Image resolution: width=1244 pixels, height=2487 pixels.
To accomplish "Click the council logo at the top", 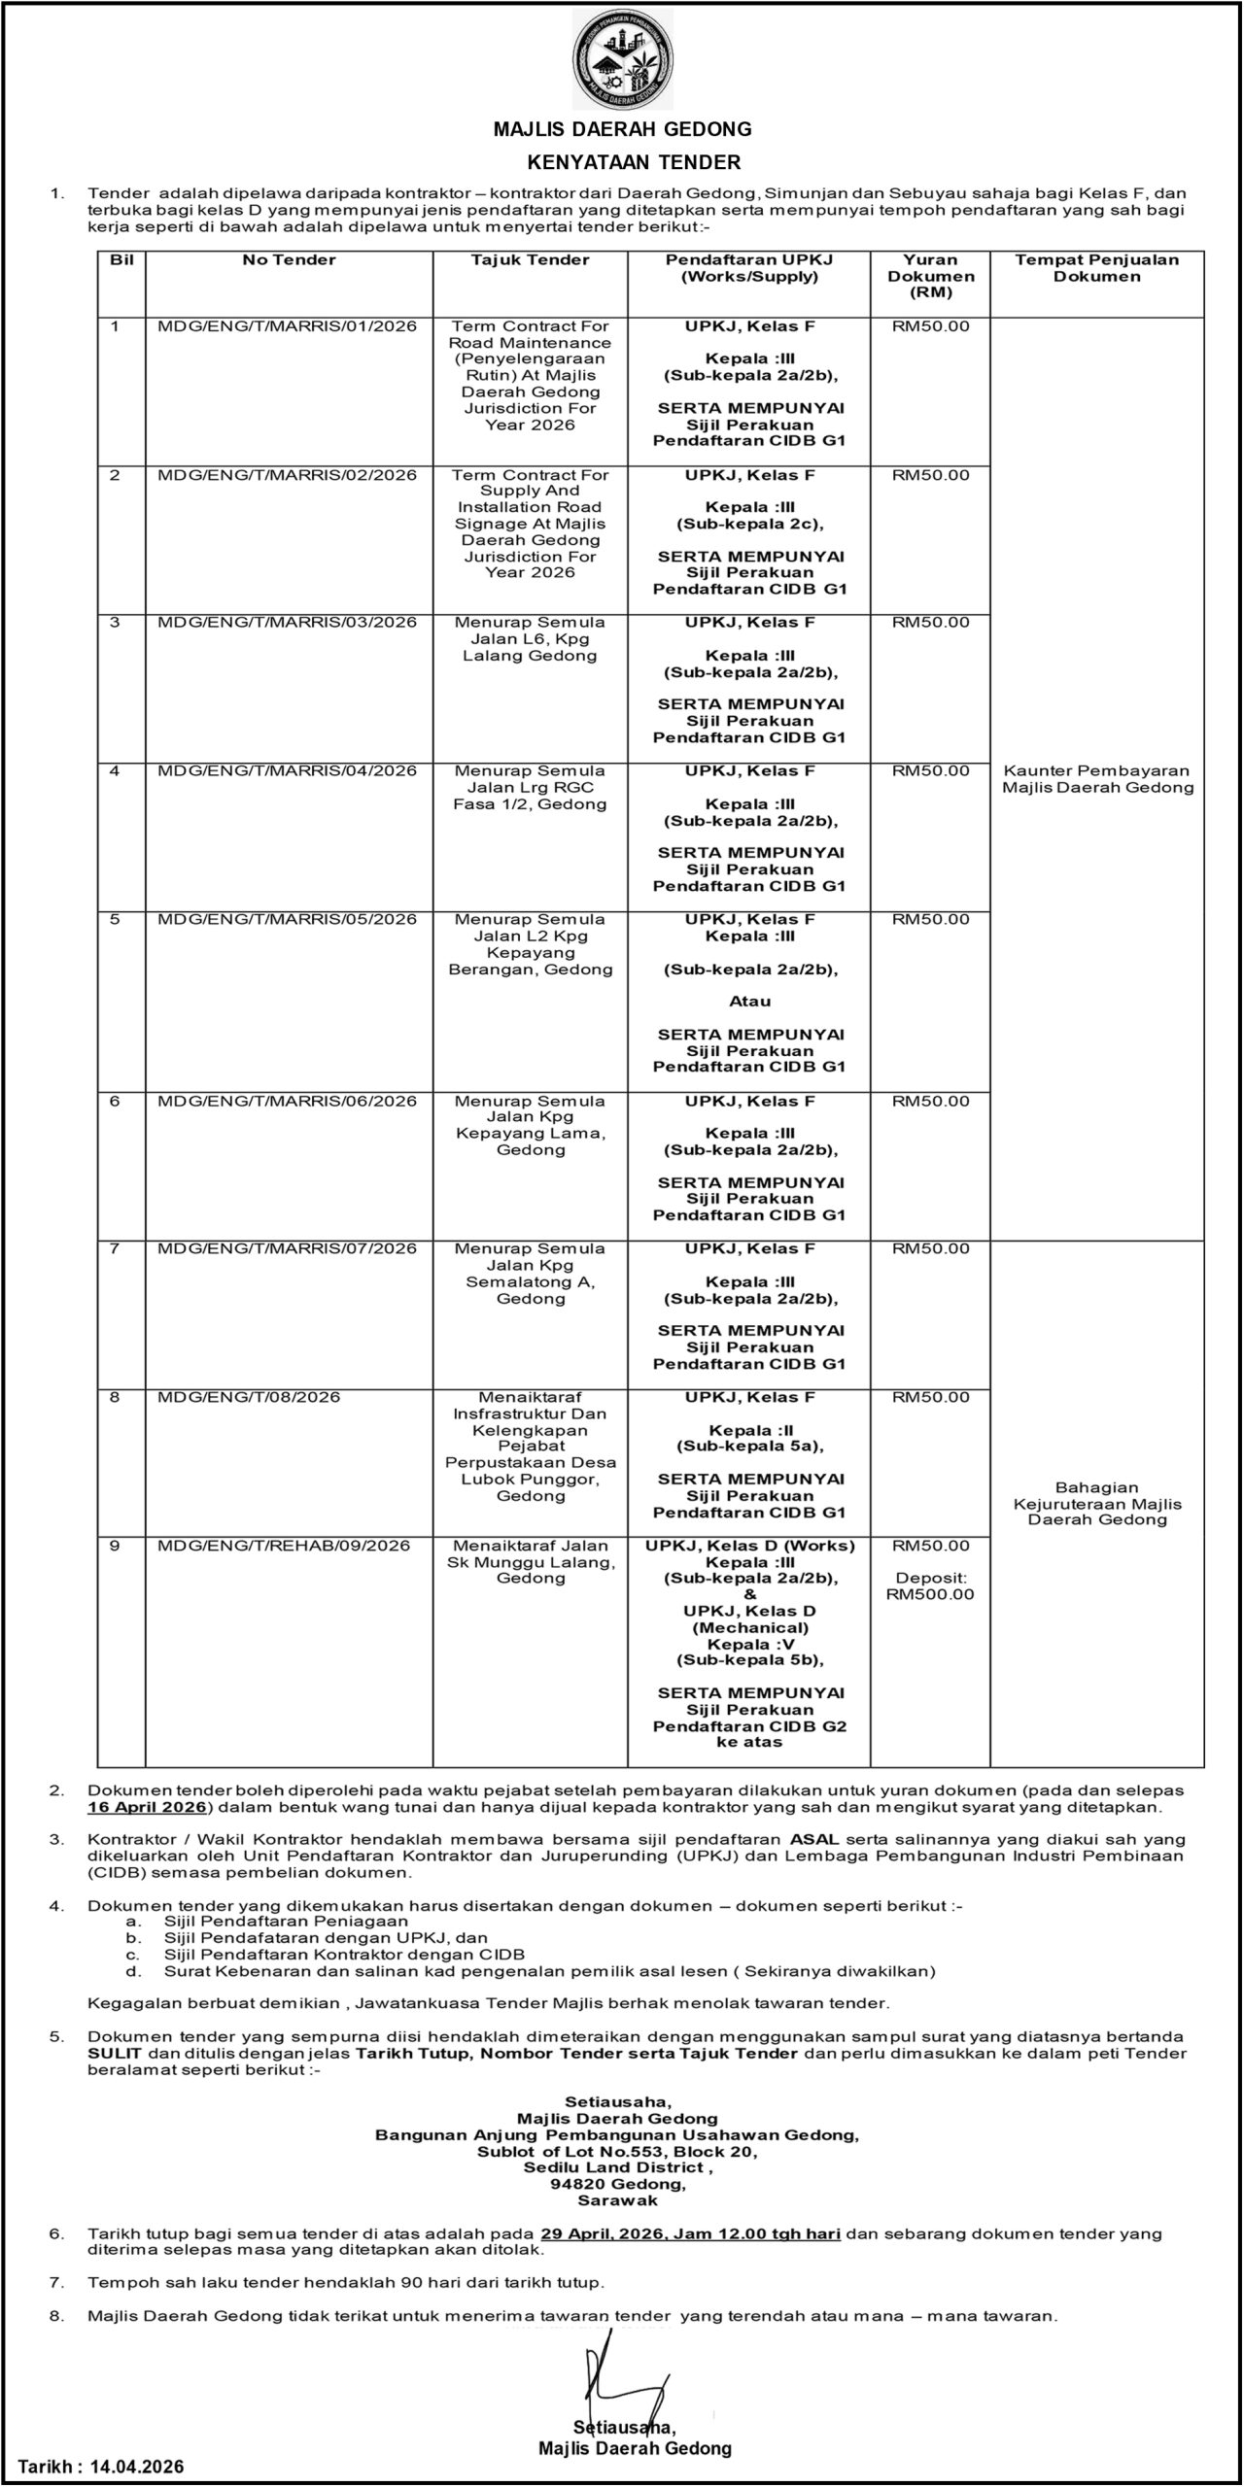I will [x=622, y=59].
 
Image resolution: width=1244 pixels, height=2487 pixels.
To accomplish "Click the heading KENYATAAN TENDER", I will [x=622, y=162].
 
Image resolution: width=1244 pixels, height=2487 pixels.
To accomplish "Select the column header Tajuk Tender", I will [x=530, y=260].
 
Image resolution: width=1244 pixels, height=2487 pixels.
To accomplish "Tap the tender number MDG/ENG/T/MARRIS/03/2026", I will [x=287, y=623].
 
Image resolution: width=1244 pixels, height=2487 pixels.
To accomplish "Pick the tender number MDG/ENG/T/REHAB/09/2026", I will [x=284, y=1546].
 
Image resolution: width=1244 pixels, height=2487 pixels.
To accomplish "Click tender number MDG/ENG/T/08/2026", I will [x=249, y=1397].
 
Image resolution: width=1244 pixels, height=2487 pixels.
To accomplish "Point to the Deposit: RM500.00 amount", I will [x=930, y=1586].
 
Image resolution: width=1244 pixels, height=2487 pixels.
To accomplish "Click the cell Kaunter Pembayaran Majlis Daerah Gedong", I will [x=1097, y=779].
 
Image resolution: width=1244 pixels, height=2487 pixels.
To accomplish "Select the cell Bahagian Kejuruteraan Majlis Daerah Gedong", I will [x=1097, y=1504].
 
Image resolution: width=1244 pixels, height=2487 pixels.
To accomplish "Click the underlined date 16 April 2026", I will [x=146, y=1807].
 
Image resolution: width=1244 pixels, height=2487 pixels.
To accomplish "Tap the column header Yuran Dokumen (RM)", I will [x=930, y=276].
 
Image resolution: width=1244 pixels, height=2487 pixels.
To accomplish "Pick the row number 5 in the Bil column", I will [x=115, y=919].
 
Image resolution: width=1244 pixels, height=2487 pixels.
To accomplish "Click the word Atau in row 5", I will [x=749, y=1002].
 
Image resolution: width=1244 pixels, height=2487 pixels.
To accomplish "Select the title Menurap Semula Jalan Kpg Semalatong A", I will [x=530, y=1274].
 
